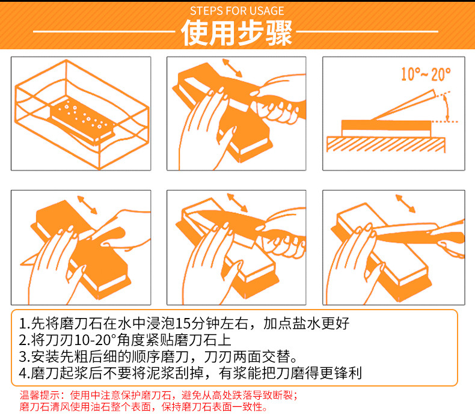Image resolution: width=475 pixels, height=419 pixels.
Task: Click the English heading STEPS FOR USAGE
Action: [237, 11]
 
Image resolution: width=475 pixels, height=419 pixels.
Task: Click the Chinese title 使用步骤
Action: [237, 33]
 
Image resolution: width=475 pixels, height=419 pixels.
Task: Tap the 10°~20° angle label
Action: [426, 75]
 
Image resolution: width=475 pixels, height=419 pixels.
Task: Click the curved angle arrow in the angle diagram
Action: [446, 108]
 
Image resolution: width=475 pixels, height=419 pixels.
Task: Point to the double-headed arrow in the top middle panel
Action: [232, 67]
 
